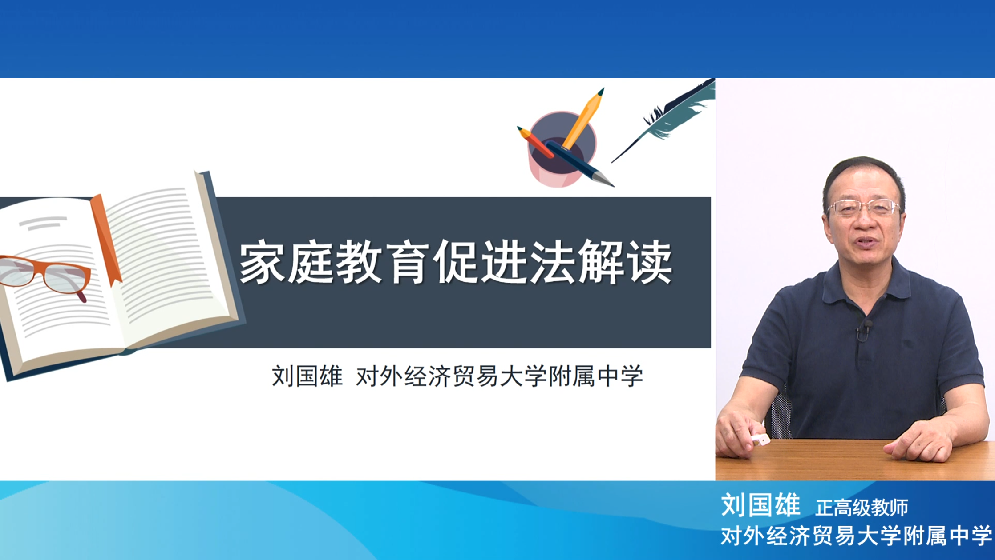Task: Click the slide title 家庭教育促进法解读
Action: click(x=456, y=262)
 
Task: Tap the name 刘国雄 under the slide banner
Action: click(x=307, y=376)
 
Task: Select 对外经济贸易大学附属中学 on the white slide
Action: click(x=499, y=376)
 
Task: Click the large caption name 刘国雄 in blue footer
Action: click(x=760, y=505)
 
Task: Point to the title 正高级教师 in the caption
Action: click(x=862, y=508)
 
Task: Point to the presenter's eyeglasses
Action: click(x=864, y=208)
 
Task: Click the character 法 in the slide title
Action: click(x=552, y=262)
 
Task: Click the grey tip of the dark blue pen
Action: click(x=604, y=180)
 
